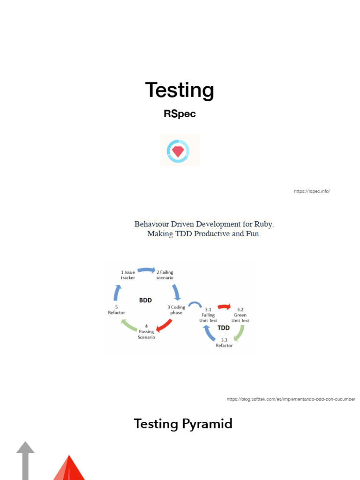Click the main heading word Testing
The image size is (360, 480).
click(x=180, y=90)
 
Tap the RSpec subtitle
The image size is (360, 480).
click(x=180, y=114)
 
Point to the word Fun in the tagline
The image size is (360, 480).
click(x=253, y=234)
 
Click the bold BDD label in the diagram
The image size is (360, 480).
click(x=145, y=300)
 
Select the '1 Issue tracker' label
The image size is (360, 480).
click(x=128, y=275)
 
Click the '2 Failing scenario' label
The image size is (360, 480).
click(x=165, y=275)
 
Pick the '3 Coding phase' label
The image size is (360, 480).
click(x=176, y=310)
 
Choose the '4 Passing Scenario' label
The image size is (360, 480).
click(x=146, y=331)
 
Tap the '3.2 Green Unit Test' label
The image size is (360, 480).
click(x=240, y=315)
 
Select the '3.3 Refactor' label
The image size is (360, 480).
click(x=224, y=343)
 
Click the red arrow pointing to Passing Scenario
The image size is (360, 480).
click(x=164, y=325)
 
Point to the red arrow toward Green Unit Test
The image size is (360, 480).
click(x=224, y=307)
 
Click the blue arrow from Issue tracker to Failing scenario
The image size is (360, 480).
click(x=146, y=270)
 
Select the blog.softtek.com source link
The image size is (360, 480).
click(x=291, y=399)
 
